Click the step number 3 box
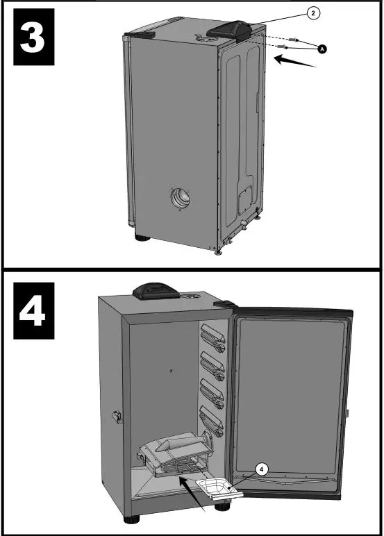[x=29, y=37]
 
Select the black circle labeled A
[x=322, y=48]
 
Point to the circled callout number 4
[x=260, y=469]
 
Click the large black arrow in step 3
[x=295, y=63]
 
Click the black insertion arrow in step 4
[x=190, y=494]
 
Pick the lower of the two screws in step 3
[x=281, y=47]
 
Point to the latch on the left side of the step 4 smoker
[x=116, y=417]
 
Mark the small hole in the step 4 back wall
[x=171, y=371]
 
